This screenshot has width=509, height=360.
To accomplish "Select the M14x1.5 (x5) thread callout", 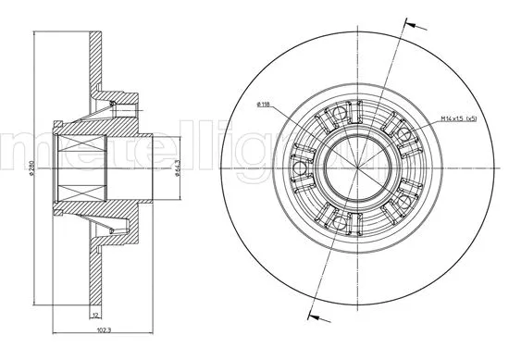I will pos(459,118).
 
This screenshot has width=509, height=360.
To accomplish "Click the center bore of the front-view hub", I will pos(354,168).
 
